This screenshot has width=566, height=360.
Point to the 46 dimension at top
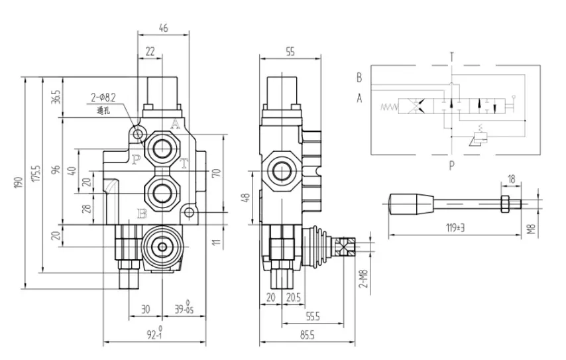[x=162, y=27]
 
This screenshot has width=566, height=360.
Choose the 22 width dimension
[x=150, y=50]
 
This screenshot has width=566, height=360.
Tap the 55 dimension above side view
[x=290, y=50]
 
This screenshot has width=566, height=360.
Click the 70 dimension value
[x=215, y=174]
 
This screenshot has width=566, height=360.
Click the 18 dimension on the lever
[x=510, y=179]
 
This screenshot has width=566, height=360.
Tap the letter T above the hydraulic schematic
[x=451, y=56]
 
